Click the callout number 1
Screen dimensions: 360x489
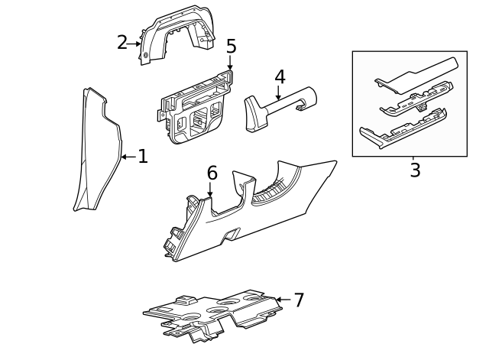(x=142, y=157)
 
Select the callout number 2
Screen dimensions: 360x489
(x=121, y=43)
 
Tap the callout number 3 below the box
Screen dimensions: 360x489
(x=415, y=170)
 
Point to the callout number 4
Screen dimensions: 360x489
(x=280, y=77)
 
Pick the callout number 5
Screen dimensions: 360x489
(x=231, y=47)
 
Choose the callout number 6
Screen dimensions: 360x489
(x=212, y=173)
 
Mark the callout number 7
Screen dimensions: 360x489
(x=299, y=300)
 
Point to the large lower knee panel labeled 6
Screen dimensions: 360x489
(x=252, y=214)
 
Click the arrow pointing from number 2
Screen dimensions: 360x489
(x=134, y=44)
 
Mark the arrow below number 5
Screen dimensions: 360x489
(x=230, y=63)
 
